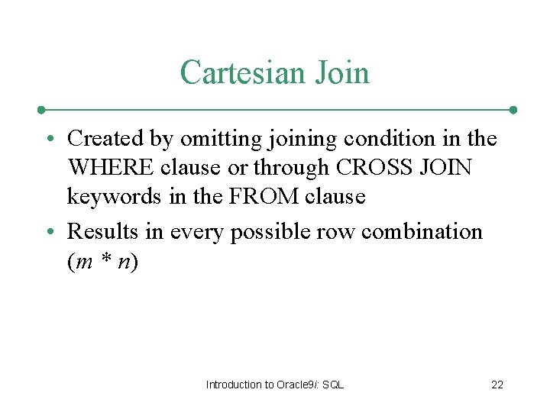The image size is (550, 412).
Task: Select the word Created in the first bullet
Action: (x=105, y=139)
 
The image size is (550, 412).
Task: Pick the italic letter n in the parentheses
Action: (x=122, y=262)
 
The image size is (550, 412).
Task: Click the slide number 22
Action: (x=497, y=385)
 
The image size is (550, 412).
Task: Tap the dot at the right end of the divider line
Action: (x=513, y=109)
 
